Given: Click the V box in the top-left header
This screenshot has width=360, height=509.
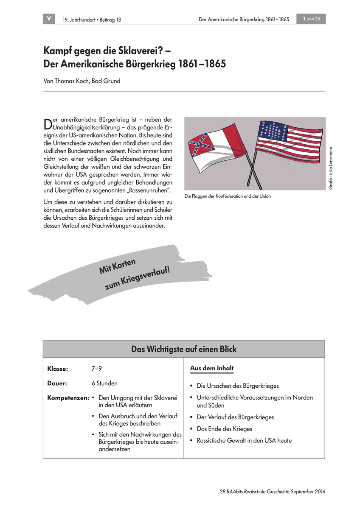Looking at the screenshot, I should coord(49,19).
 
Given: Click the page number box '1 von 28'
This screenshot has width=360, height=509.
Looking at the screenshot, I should coord(312,19).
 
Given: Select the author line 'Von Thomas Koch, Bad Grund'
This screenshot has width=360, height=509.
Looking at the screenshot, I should coord(82,81).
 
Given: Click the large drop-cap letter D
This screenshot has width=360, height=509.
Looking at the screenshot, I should coord(47,123).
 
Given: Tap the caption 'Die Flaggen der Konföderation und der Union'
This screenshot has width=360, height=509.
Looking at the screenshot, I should coord(228,196).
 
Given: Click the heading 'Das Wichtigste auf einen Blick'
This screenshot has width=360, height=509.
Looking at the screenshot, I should coord(184,349).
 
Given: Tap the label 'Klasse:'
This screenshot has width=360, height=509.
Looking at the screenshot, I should coord(58,369).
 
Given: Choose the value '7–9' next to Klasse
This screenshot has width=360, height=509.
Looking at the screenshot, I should coord(96,369).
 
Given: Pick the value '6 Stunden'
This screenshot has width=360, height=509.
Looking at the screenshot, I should coord(104,383).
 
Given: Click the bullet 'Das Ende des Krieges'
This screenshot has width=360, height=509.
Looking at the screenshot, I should coord(225,429).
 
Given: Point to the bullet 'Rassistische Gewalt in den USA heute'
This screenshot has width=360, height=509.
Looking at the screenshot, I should coord(244,441).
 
